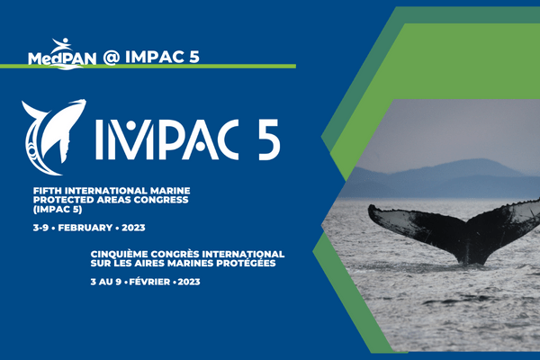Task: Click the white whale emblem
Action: pyautogui.click(x=52, y=132)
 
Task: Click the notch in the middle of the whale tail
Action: pyautogui.click(x=460, y=236)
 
